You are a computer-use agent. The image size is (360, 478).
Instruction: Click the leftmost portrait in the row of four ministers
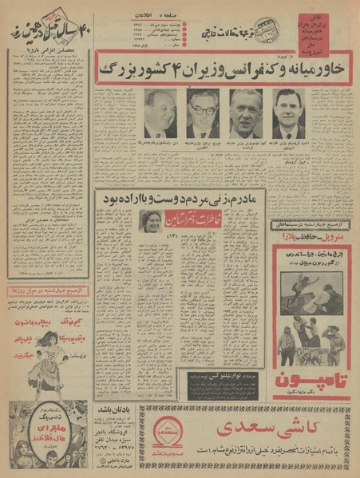click(160, 113)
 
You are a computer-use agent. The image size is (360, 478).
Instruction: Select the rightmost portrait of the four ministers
click(287, 113)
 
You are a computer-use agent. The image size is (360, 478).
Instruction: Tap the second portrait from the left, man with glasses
click(203, 113)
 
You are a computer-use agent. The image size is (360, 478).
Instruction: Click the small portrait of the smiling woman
click(149, 220)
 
